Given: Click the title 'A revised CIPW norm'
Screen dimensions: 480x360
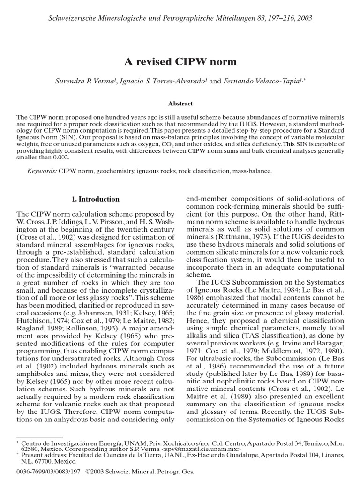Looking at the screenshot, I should pos(180,62).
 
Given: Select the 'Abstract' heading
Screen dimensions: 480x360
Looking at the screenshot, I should pos(180,104).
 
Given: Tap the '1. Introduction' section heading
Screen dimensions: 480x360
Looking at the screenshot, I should pos(95,199).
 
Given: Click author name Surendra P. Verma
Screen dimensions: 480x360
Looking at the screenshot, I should pos(85,81).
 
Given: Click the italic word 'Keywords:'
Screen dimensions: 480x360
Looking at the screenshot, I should pos(42,171).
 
